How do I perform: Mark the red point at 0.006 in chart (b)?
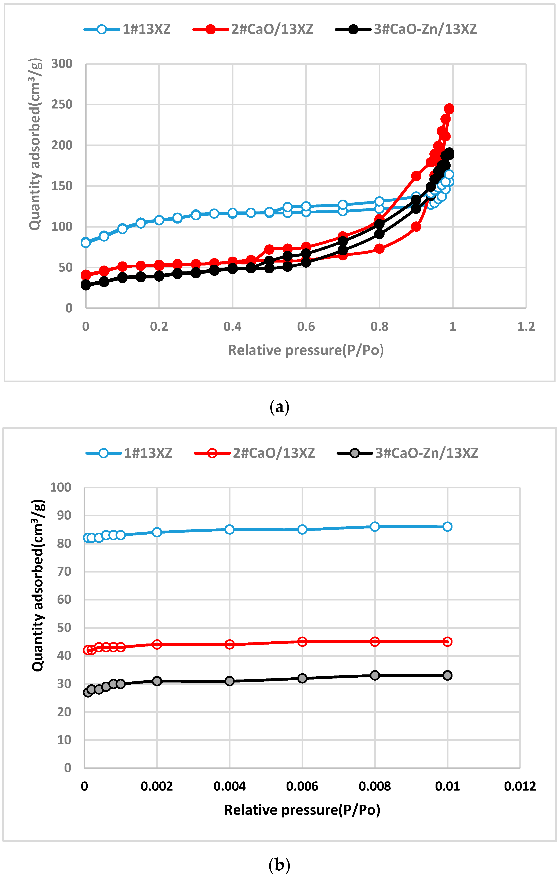pyautogui.click(x=302, y=642)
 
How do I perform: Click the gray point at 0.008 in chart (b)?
pyautogui.click(x=375, y=675)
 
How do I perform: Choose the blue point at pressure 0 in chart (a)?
pyautogui.click(x=86, y=243)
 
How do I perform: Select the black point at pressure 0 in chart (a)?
pyautogui.click(x=86, y=285)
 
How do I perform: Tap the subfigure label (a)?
pyautogui.click(x=279, y=407)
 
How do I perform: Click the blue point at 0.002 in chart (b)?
pyautogui.click(x=157, y=532)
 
